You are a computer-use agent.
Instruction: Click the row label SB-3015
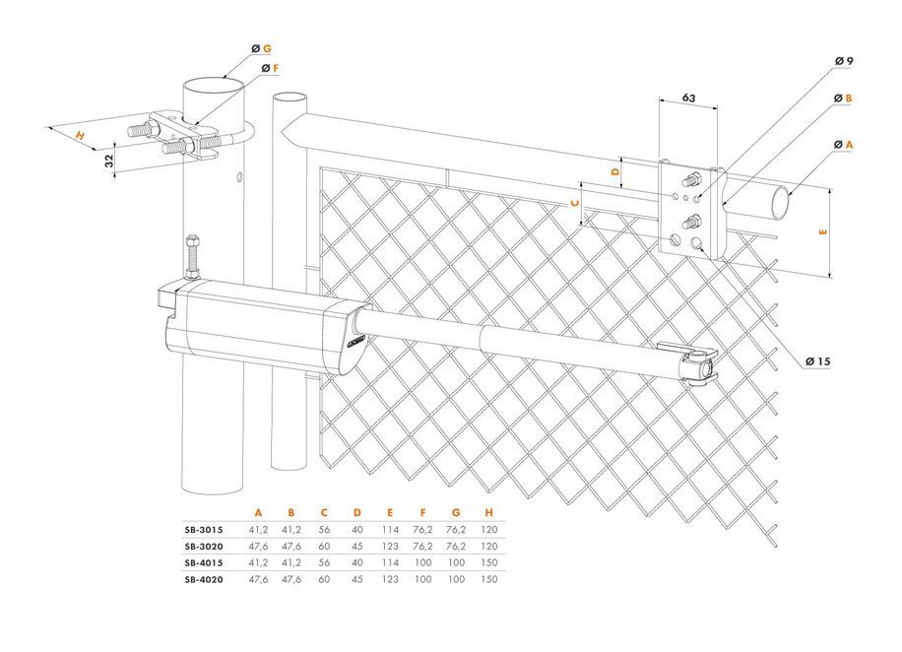coord(203,529)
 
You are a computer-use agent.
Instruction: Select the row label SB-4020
coord(203,579)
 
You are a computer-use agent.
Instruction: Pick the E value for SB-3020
coord(391,546)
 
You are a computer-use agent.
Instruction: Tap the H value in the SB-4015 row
coord(488,562)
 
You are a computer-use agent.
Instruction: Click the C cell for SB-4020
coord(324,579)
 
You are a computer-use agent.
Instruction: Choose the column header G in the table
coord(456,512)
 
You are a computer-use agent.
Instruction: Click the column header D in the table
coord(357,512)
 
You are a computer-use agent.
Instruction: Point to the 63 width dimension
coord(689,98)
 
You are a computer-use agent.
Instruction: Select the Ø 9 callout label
coord(843,61)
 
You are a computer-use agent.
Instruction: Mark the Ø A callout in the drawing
coord(842,145)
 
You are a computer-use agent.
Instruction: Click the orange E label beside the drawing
coord(823,232)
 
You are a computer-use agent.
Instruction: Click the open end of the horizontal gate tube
coord(779,204)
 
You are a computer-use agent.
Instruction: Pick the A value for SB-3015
coord(258,529)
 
